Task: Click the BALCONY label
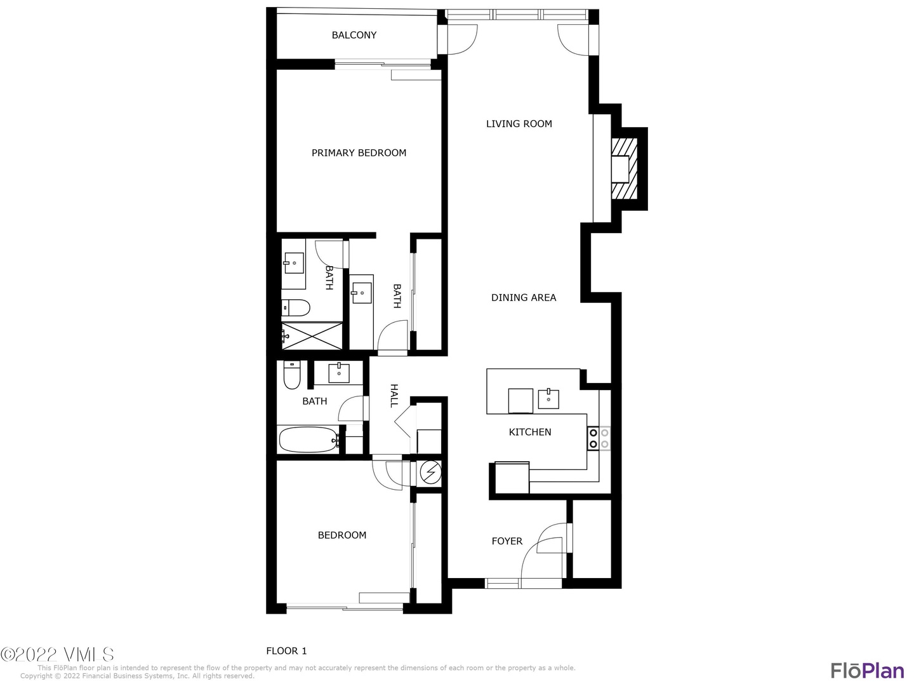pos(354,35)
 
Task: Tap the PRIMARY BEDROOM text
pos(359,153)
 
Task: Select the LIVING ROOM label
pos(519,124)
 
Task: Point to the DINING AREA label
pos(524,297)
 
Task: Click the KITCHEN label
pos(530,432)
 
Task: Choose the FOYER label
pos(507,541)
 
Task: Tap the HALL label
pos(394,396)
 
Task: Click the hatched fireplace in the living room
pos(624,169)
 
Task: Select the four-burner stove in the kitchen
pos(599,438)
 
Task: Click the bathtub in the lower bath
pos(308,440)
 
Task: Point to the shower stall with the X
pos(312,336)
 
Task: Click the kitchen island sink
pos(548,399)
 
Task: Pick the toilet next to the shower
pos(296,308)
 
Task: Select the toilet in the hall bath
pos(292,375)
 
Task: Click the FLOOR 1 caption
pos(286,651)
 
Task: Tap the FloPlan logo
pos(868,671)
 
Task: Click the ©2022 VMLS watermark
pos(57,654)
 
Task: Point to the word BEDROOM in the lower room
pos(342,535)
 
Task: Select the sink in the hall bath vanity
pos(339,373)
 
